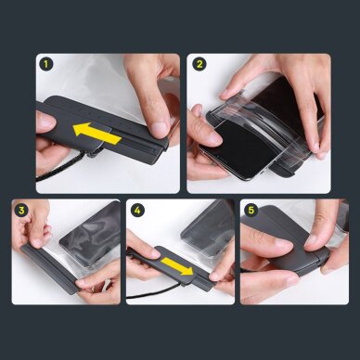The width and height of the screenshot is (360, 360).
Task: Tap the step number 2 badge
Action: (199, 64)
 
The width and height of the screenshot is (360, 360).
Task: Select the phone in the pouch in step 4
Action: (205, 232)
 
